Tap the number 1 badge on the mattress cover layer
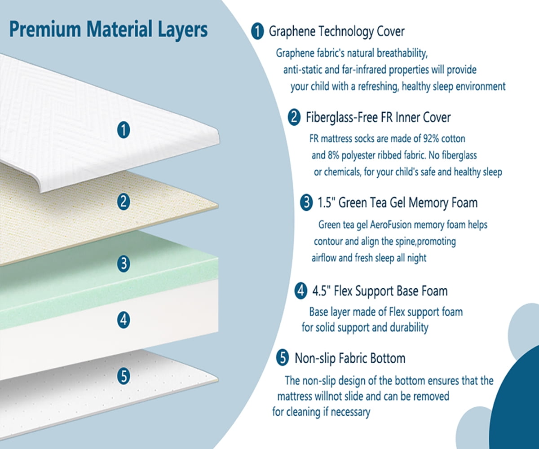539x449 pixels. [124, 130]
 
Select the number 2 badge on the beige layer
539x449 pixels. [124, 202]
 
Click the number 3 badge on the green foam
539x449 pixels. [124, 264]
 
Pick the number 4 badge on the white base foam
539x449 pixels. [124, 320]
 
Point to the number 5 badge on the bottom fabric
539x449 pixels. [124, 376]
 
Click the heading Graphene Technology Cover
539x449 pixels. [336, 31]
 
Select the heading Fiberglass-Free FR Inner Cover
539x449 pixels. [378, 118]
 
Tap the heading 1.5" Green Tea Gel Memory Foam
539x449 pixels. [397, 203]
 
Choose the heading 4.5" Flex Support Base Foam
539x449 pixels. [380, 291]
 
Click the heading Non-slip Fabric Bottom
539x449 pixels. [349, 358]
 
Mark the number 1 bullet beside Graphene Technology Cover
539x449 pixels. [257, 31]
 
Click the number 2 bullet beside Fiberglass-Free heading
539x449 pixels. [294, 118]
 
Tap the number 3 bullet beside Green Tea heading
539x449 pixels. [306, 203]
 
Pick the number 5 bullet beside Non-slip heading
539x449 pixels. [283, 358]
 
